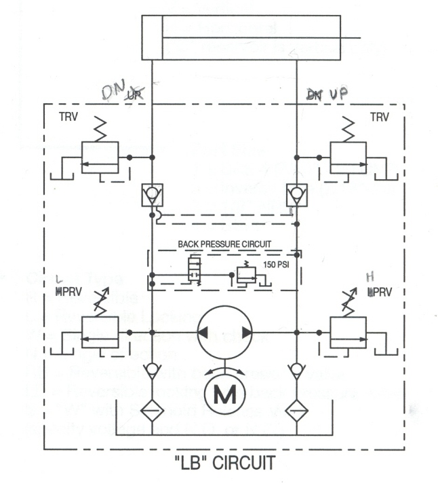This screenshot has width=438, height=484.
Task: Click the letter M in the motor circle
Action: pos(224,394)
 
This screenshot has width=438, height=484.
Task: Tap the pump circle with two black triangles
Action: pos(224,332)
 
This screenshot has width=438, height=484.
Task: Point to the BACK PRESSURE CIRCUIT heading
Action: pos(224,242)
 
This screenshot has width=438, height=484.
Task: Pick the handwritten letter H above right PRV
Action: pos(370,277)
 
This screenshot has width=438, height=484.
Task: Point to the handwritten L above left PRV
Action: pos(60,279)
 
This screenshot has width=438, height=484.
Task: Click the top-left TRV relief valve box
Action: pos(99,157)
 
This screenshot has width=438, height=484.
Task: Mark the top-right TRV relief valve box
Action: pos(347,157)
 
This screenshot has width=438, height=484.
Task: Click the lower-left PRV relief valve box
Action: pos(99,331)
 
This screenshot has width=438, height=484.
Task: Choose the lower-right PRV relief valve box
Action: pos(347,331)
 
